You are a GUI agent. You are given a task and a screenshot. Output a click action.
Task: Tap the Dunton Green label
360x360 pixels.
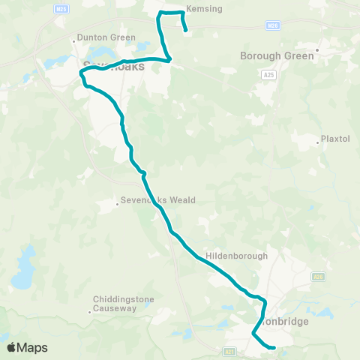107,37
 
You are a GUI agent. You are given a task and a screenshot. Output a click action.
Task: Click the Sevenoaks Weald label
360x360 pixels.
160,200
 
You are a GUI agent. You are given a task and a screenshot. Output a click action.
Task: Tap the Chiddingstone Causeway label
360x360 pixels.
123,304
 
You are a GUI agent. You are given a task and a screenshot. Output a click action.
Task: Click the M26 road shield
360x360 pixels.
273,25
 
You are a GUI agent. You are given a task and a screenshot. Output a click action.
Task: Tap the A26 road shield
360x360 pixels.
319,277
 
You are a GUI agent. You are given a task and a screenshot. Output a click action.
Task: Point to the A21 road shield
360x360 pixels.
229,350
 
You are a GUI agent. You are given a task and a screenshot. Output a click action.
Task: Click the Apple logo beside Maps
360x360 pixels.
12,347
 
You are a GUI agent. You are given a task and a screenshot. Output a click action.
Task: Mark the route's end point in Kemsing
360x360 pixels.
185,31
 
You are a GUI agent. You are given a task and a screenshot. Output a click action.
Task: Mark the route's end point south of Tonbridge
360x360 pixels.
274,347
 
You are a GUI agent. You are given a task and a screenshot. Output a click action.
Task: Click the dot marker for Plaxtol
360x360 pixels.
317,139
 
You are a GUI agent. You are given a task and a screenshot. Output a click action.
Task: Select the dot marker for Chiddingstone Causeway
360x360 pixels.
89,310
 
